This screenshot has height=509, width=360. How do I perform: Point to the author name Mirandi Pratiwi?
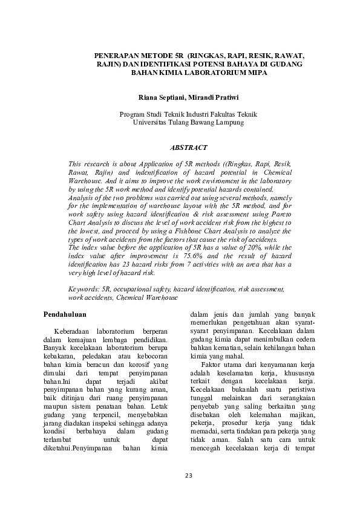coord(217,97)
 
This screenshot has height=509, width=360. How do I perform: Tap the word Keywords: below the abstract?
coord(84,290)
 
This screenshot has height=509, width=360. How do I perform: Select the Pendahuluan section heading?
coord(67,314)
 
